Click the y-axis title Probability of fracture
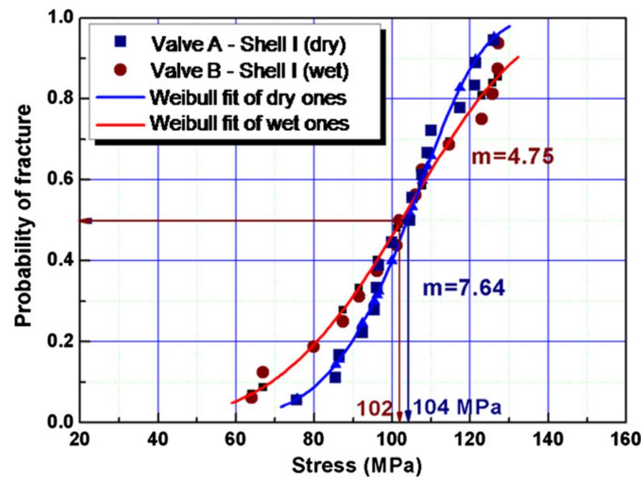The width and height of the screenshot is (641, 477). click(x=24, y=216)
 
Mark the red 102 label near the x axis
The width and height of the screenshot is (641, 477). click(x=376, y=408)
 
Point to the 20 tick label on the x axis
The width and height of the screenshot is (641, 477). click(x=79, y=439)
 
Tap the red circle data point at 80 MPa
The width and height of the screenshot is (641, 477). click(x=313, y=347)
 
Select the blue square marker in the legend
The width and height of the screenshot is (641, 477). click(x=121, y=43)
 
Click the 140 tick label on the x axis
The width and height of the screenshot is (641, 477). click(x=549, y=439)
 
